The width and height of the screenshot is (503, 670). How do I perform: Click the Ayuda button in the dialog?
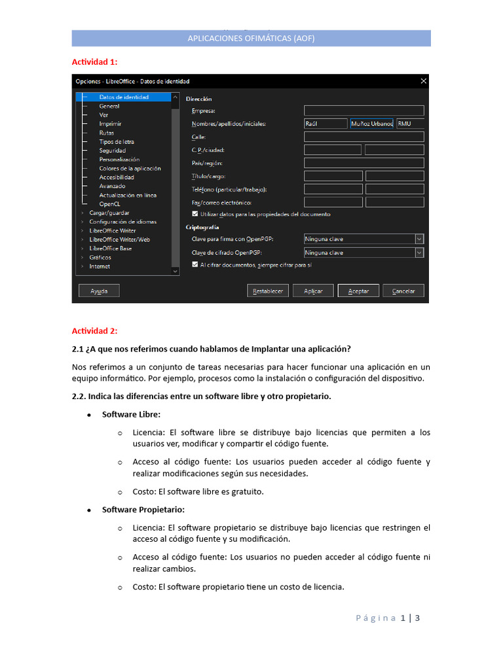pyautogui.click(x=99, y=291)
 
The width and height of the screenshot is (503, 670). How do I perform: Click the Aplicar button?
pyautogui.click(x=313, y=291)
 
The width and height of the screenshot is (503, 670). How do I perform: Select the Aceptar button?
pyautogui.click(x=358, y=291)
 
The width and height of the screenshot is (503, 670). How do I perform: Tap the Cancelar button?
pyautogui.click(x=403, y=291)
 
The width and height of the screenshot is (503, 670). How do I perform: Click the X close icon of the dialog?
pyautogui.click(x=423, y=81)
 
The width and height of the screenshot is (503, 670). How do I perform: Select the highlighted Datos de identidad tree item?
pyautogui.click(x=123, y=97)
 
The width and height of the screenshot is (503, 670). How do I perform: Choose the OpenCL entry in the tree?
pyautogui.click(x=109, y=204)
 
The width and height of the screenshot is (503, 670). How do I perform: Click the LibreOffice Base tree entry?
pyautogui.click(x=110, y=249)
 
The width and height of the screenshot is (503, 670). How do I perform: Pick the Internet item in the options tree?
pyautogui.click(x=100, y=266)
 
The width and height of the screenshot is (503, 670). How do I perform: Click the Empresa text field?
pyautogui.click(x=363, y=111)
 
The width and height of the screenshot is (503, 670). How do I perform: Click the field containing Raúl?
pyautogui.click(x=326, y=124)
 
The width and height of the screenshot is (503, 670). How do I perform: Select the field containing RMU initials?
pyautogui.click(x=410, y=124)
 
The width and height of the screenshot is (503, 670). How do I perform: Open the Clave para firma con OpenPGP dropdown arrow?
pyautogui.click(x=419, y=239)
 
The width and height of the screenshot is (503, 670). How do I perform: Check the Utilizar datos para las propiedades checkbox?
pyautogui.click(x=195, y=214)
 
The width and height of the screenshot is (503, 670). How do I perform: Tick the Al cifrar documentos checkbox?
pyautogui.click(x=195, y=265)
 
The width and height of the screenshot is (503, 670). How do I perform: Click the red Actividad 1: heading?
pyautogui.click(x=94, y=62)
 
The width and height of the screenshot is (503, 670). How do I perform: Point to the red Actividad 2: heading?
pyautogui.click(x=94, y=331)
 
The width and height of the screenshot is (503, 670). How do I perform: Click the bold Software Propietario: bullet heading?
pyautogui.click(x=143, y=510)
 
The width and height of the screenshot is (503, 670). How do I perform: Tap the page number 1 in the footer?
pyautogui.click(x=403, y=618)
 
